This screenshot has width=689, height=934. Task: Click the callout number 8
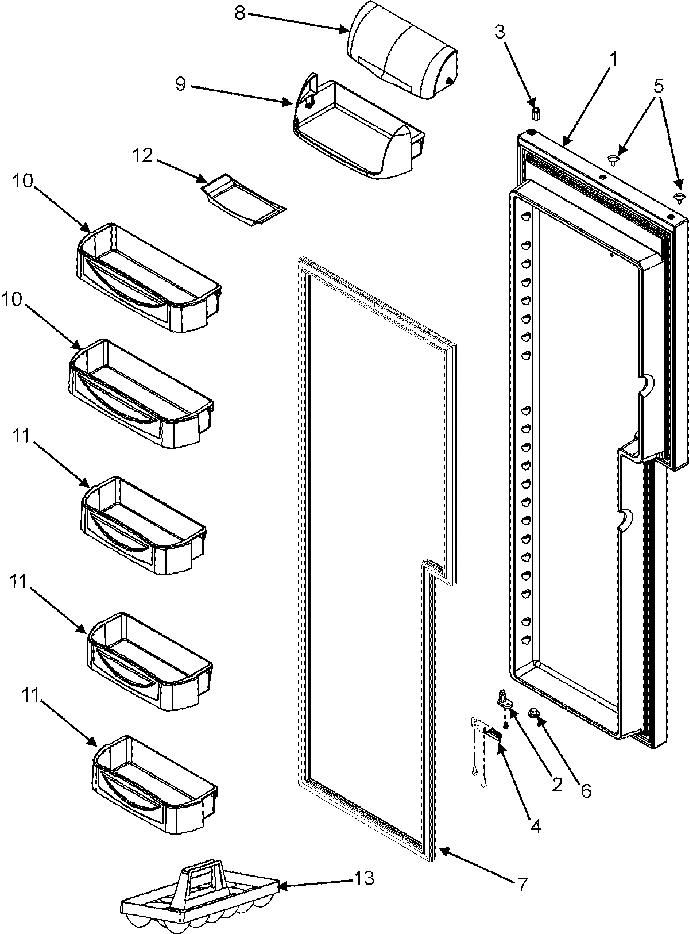(x=240, y=13)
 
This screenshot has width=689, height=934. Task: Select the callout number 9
(x=180, y=84)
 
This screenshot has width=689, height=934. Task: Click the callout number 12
(x=144, y=156)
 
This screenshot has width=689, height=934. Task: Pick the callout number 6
(x=585, y=791)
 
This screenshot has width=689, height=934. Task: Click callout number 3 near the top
(x=500, y=32)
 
